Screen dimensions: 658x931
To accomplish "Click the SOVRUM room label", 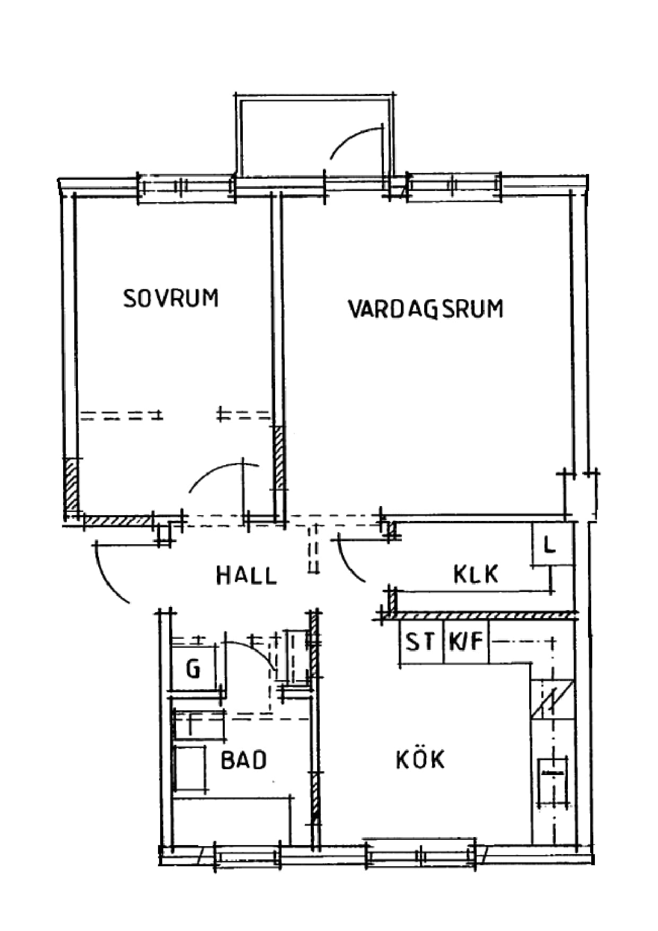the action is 171,298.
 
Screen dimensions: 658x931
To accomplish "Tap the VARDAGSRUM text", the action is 426,309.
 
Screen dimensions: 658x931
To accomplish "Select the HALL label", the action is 247,576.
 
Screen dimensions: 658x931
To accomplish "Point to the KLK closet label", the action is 476,574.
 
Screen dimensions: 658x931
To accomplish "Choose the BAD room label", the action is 243,760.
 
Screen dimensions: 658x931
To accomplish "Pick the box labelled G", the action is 193,668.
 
